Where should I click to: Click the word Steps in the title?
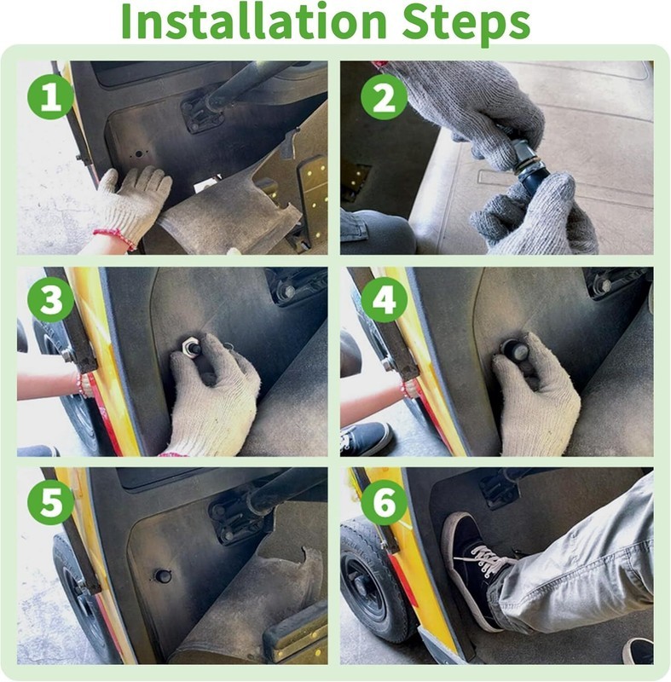pyautogui.click(x=466, y=23)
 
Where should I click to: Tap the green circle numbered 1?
pyautogui.click(x=50, y=96)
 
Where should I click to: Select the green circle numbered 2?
pyautogui.click(x=384, y=96)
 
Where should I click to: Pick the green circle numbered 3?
pyautogui.click(x=50, y=300)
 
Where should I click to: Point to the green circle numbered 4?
pyautogui.click(x=384, y=300)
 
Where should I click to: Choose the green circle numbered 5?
pyautogui.click(x=50, y=502)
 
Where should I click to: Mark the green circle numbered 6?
pyautogui.click(x=384, y=502)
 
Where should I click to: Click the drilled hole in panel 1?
pyautogui.click(x=139, y=154)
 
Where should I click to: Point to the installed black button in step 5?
pyautogui.click(x=163, y=575)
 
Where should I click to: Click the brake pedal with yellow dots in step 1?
pyautogui.click(x=313, y=191)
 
